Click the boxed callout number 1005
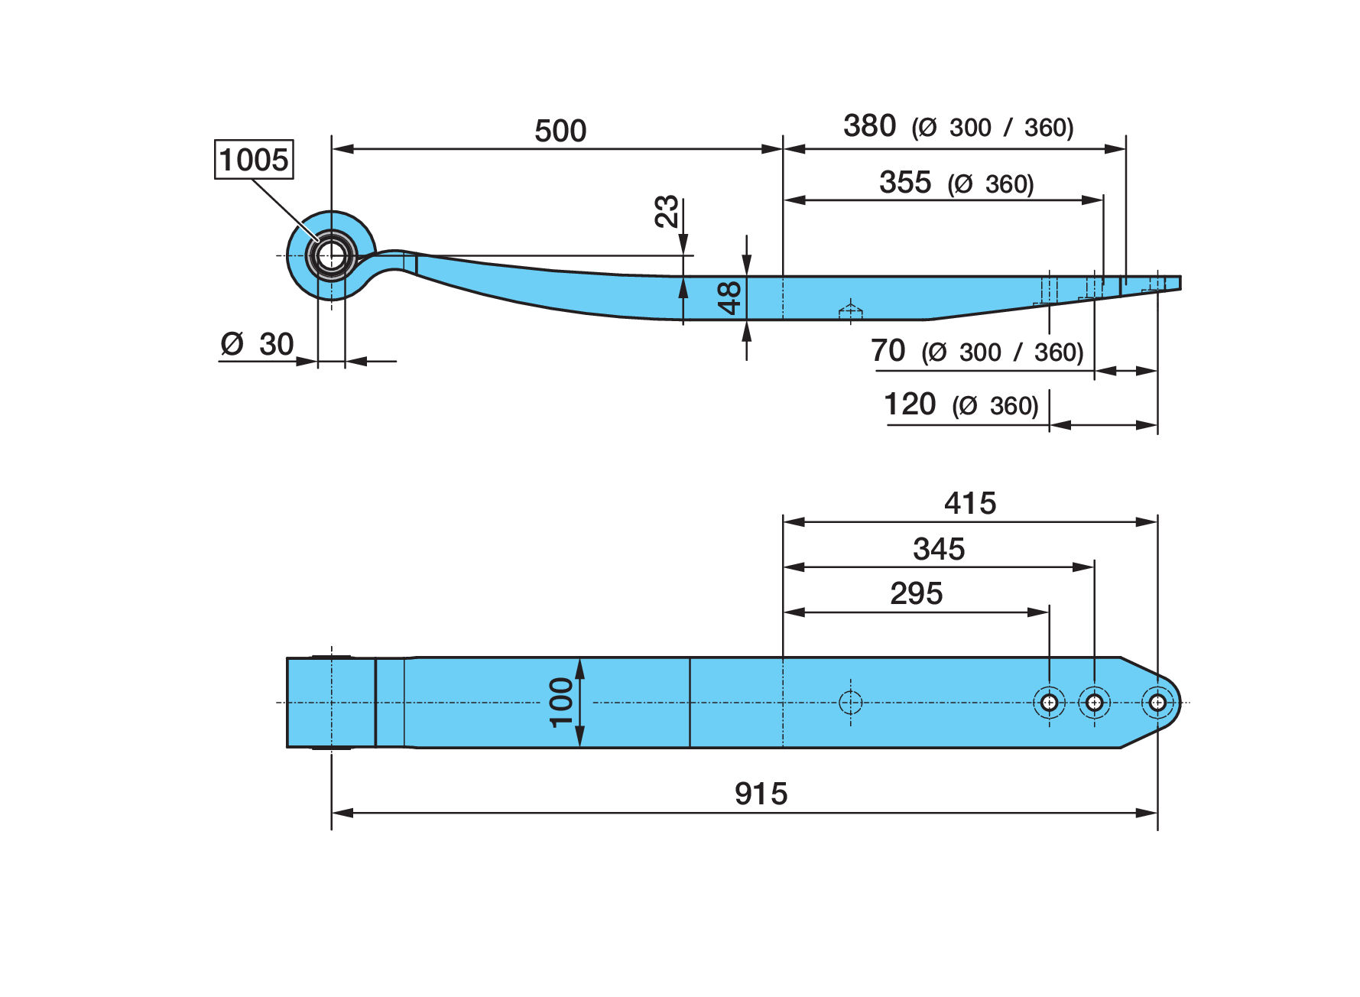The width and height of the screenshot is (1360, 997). [x=254, y=160]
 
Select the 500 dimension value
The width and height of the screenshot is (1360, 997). [x=560, y=131]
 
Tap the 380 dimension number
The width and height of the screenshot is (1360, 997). [x=869, y=125]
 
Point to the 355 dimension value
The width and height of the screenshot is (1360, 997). [x=905, y=182]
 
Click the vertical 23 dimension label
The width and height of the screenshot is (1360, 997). [x=667, y=211]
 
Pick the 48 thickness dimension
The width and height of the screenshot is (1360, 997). [x=731, y=297]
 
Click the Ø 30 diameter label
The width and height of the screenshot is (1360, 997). [x=257, y=344]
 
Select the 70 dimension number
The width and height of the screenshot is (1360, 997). [x=888, y=351]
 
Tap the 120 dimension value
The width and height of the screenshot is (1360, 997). [x=910, y=404]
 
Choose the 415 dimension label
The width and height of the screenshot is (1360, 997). [x=970, y=503]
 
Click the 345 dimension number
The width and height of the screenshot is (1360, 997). [x=939, y=549]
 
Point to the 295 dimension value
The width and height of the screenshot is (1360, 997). [x=917, y=593]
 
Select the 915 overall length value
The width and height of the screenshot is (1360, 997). [x=761, y=794]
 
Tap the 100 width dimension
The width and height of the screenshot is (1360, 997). [x=561, y=702]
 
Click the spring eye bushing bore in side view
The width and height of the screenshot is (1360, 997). [x=331, y=255]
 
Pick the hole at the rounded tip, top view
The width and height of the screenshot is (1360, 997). [x=1157, y=702]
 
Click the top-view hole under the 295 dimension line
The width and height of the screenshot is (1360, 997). [x=1049, y=702]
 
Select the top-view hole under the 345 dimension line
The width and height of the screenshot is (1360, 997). [x=1094, y=702]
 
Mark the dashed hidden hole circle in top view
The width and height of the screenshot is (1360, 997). [x=850, y=702]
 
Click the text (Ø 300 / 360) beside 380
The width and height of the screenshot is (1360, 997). [x=992, y=128]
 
